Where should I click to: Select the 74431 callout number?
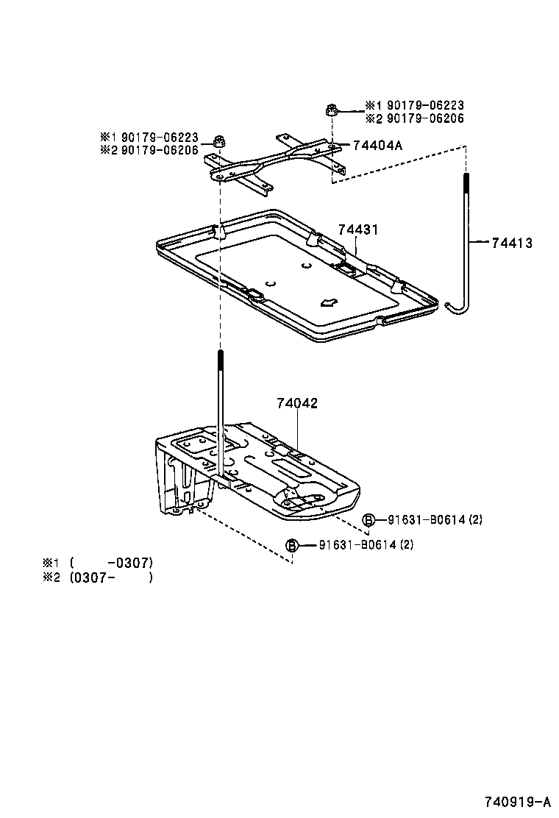358,230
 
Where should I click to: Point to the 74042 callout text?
297,403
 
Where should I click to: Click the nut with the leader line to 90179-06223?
330,111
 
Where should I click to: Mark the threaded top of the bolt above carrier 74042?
220,364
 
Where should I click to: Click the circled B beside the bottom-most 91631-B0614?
292,545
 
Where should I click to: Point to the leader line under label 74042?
297,434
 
